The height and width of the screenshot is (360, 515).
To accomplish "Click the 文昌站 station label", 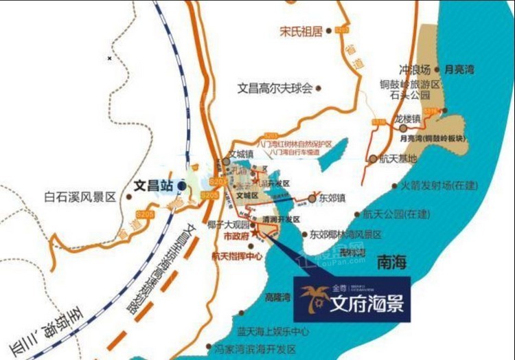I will (x=153, y=185).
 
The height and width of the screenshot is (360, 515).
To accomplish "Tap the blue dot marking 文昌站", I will (x=181, y=185).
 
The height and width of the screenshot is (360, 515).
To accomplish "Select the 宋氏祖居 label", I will (x=301, y=31).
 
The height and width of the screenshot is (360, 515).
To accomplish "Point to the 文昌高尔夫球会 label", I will (x=275, y=88).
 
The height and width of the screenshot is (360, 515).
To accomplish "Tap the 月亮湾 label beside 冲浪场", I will (x=459, y=69).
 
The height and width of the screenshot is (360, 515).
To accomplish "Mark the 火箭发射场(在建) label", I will (x=439, y=185).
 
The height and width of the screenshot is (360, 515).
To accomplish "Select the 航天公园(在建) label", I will (x=400, y=214).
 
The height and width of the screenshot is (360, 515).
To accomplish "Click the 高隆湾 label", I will (x=277, y=297).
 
